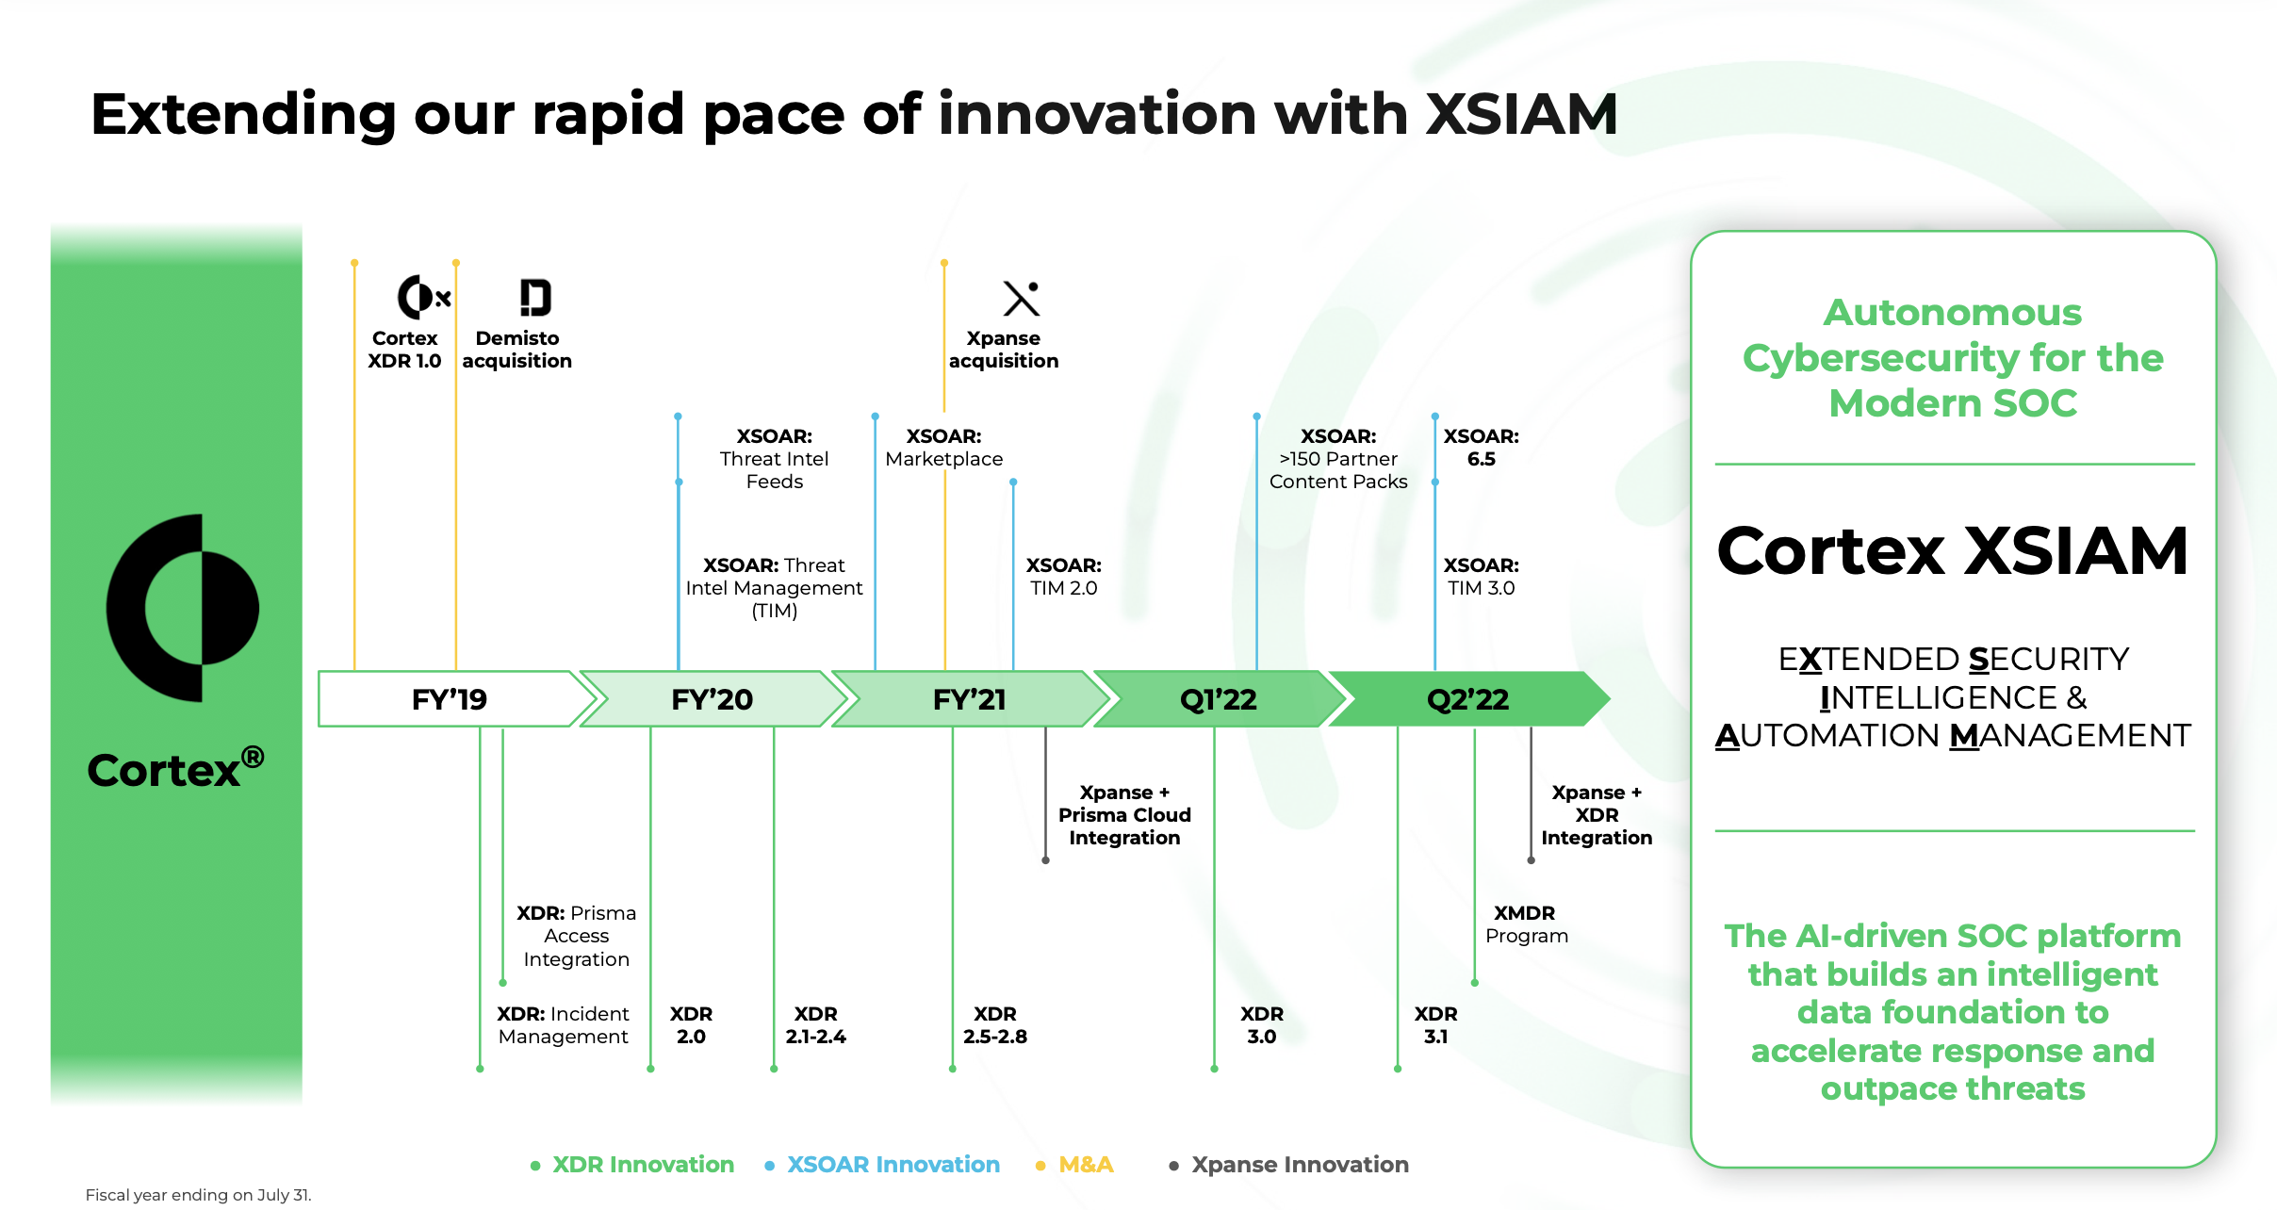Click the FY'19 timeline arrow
point(450,699)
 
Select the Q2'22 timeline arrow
point(1467,699)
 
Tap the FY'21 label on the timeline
point(969,699)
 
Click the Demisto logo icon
point(534,298)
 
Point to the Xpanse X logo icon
point(1021,299)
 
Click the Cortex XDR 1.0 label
point(404,350)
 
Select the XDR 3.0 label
point(1261,1025)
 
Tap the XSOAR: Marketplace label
point(943,448)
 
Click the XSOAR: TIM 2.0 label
point(1063,577)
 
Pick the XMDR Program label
point(1526,924)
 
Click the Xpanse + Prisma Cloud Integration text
point(1124,815)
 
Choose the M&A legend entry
point(1085,1165)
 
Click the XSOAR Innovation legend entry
point(893,1165)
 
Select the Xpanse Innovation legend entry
point(1299,1165)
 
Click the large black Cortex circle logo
point(183,608)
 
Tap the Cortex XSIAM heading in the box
point(1952,551)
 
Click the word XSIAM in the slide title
point(1521,115)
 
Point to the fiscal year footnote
point(198,1195)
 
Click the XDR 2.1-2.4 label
point(815,1025)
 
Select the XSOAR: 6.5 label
point(1481,448)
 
